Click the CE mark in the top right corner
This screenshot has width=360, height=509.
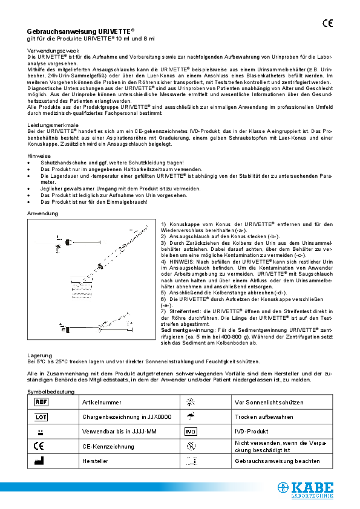pyautogui.click(x=327, y=24)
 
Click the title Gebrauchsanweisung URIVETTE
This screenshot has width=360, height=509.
pyautogui.click(x=80, y=31)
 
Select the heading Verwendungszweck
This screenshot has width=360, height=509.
pyautogui.click(x=53, y=51)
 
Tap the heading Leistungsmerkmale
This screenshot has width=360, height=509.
pyautogui.click(x=53, y=125)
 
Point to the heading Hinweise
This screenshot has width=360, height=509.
pyautogui.click(x=39, y=156)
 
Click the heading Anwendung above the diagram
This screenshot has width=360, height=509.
pyautogui.click(x=42, y=213)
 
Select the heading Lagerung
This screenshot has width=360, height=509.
pyautogui.click(x=39, y=355)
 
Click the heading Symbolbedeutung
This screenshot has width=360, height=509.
pyautogui.click(x=51, y=392)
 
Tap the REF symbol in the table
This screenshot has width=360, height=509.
pyautogui.click(x=41, y=402)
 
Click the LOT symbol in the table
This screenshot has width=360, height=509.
pyautogui.click(x=41, y=417)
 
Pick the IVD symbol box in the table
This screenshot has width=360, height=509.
pyautogui.click(x=191, y=432)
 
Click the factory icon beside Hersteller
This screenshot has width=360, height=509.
pyautogui.click(x=39, y=461)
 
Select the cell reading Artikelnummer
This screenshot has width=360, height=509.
pyautogui.click(x=102, y=402)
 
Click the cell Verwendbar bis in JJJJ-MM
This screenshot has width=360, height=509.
pyautogui.click(x=119, y=432)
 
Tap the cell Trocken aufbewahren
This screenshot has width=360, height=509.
pyautogui.click(x=264, y=417)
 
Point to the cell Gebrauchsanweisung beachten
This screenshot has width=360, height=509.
pyautogui.click(x=277, y=461)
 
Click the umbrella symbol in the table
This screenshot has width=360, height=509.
pyautogui.click(x=191, y=416)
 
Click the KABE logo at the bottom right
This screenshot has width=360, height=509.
pyautogui.click(x=306, y=490)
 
